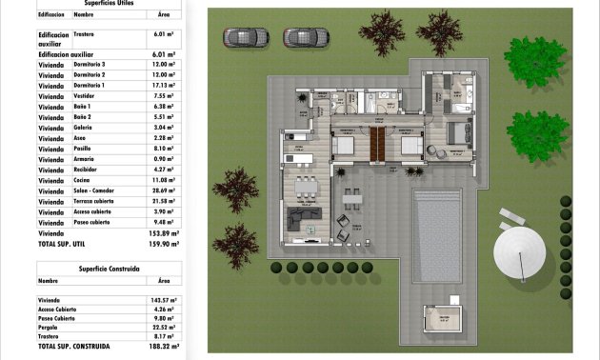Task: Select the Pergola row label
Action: point(50,326)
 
